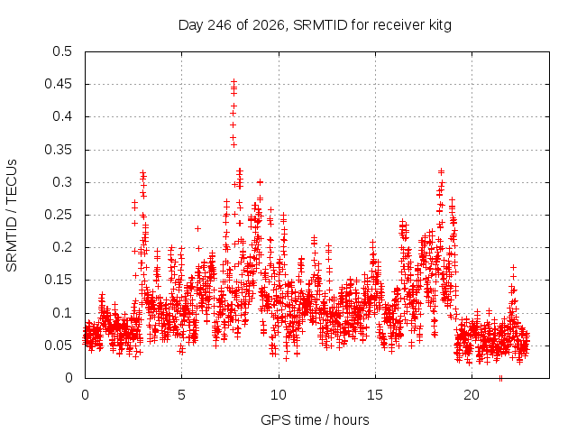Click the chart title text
[x=315, y=25]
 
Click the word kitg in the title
[x=440, y=25]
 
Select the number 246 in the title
[x=220, y=25]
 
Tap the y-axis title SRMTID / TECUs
[x=12, y=216]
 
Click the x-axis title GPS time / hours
[x=315, y=419]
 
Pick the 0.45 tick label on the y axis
[x=59, y=84]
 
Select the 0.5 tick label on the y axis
[x=62, y=51]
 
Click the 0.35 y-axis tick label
[x=59, y=150]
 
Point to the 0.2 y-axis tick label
[x=62, y=247]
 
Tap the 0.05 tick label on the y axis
[x=59, y=345]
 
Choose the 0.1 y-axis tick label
[x=62, y=313]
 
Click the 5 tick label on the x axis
[x=181, y=395]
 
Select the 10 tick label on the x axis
[x=279, y=395]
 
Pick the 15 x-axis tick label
[x=375, y=395]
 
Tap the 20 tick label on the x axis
[x=472, y=395]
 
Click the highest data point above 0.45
[x=234, y=81]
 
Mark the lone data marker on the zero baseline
[x=500, y=378]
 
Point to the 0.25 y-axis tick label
[x=59, y=215]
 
